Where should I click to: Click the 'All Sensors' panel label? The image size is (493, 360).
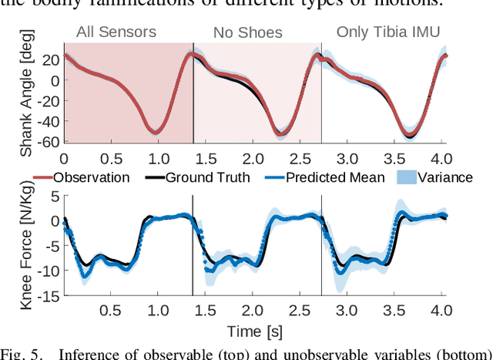tap(127, 32)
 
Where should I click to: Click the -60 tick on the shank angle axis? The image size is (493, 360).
tap(49, 142)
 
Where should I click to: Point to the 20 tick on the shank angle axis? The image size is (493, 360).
tap(51, 59)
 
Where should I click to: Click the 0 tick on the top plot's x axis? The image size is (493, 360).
tap(64, 157)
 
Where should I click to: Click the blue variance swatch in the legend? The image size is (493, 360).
tap(406, 177)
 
